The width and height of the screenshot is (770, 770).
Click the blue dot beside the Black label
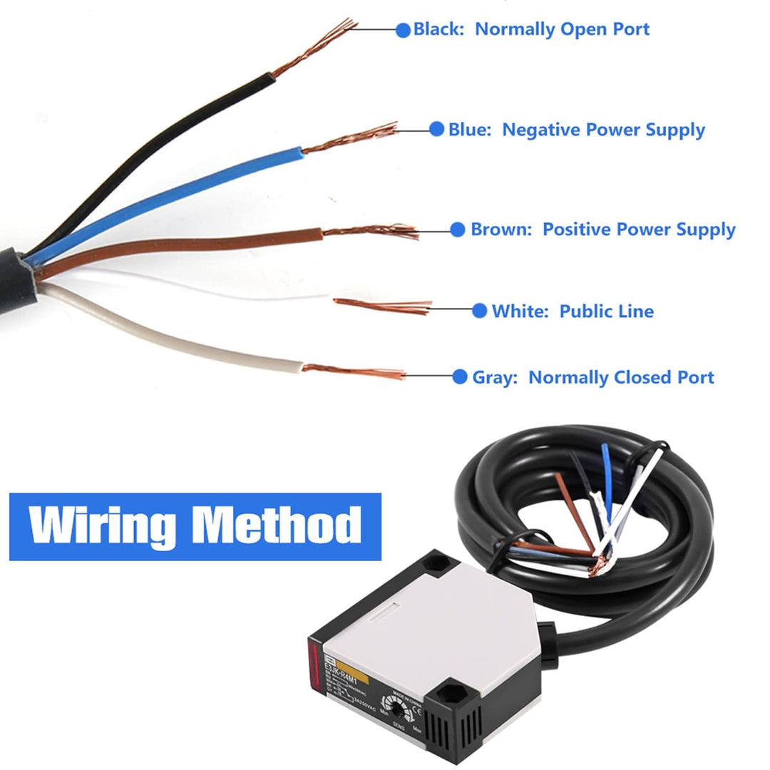(403, 30)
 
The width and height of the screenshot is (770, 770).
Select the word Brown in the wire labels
(500, 230)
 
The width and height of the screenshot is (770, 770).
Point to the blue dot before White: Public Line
(480, 311)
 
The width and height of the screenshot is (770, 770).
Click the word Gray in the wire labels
(494, 377)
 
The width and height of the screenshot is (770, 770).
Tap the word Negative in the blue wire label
(541, 130)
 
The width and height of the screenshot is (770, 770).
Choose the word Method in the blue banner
(278, 526)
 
